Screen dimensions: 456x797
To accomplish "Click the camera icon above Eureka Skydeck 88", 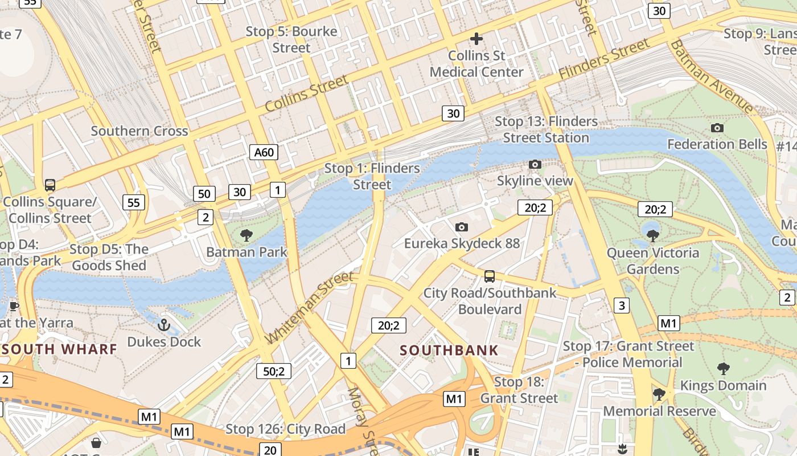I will pyautogui.click(x=462, y=227).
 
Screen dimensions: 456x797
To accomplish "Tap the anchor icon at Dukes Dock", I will pyautogui.click(x=164, y=325).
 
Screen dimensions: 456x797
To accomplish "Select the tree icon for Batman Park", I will pyautogui.click(x=247, y=235).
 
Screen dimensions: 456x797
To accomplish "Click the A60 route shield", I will pyautogui.click(x=264, y=152).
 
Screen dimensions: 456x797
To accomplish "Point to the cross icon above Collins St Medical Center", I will pyautogui.click(x=476, y=39).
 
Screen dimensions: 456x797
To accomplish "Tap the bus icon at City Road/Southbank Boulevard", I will pyautogui.click(x=489, y=276).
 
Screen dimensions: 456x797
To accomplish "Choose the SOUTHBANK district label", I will pyautogui.click(x=449, y=350).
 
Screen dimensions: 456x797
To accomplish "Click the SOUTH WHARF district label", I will pyautogui.click(x=59, y=349).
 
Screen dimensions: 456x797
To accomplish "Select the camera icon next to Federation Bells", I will pyautogui.click(x=717, y=128).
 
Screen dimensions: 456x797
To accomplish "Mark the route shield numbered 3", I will pyautogui.click(x=621, y=306).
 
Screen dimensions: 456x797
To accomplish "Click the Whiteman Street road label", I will pyautogui.click(x=309, y=308).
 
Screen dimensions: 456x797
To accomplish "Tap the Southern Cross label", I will pyautogui.click(x=139, y=131).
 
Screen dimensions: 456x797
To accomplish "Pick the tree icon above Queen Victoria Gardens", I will pyautogui.click(x=653, y=235).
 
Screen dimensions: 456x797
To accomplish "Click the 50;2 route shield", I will pyautogui.click(x=274, y=371).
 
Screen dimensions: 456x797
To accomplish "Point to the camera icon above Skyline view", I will pyautogui.click(x=535, y=165).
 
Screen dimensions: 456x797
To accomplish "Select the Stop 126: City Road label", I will pyautogui.click(x=285, y=429).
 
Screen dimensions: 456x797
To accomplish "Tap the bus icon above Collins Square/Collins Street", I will pyautogui.click(x=50, y=185).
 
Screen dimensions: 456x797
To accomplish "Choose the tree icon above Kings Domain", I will pyautogui.click(x=723, y=368).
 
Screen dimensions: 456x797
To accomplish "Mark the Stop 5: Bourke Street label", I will pyautogui.click(x=291, y=39).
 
